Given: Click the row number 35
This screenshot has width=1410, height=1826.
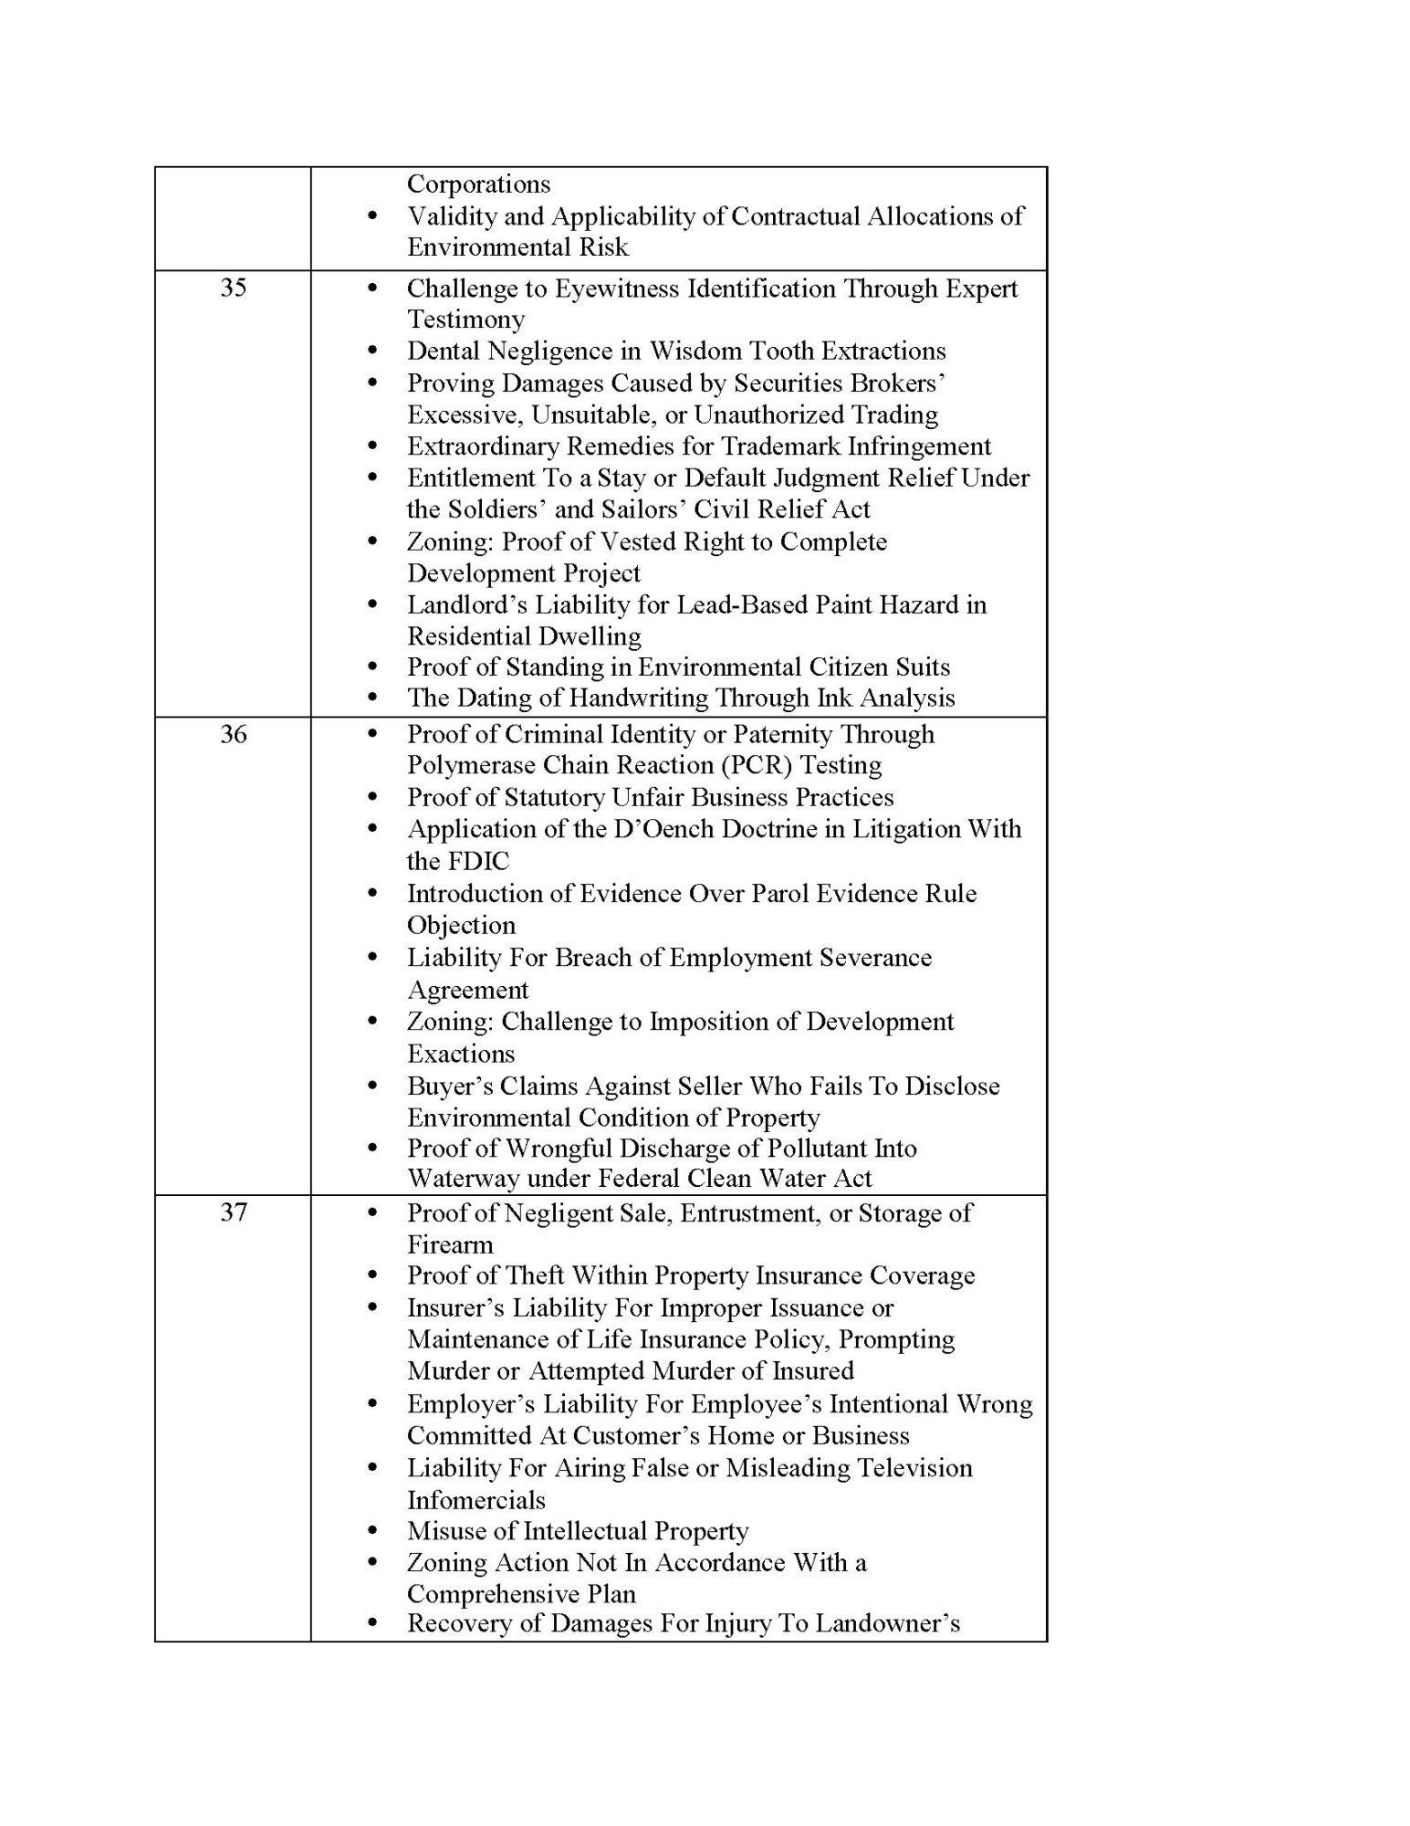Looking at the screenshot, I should [234, 288].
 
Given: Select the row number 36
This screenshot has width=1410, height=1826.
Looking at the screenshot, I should [234, 734].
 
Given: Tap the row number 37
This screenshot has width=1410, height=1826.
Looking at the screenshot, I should [234, 1212].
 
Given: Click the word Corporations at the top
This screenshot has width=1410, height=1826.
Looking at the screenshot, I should [478, 184].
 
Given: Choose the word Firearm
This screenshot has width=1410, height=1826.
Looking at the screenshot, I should [450, 1245].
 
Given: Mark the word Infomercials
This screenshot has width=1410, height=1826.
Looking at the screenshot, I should [476, 1500].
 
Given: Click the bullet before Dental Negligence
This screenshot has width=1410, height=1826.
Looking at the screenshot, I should [371, 351].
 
